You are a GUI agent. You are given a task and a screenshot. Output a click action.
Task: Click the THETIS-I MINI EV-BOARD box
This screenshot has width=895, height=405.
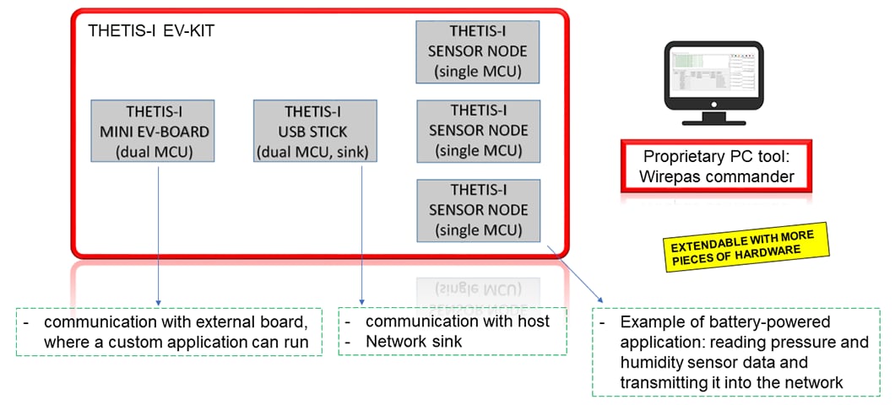(152, 132)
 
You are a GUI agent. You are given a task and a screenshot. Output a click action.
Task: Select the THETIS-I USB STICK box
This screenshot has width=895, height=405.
(315, 132)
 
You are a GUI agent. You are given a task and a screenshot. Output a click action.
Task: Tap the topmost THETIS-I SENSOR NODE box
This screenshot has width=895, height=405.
(478, 52)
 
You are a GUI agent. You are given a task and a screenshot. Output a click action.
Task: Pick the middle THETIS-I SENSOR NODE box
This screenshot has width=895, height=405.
(478, 131)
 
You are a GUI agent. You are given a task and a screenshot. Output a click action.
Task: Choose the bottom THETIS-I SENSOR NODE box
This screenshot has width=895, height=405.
(478, 210)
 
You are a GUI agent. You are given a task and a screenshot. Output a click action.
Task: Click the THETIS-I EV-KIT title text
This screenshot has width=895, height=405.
(151, 31)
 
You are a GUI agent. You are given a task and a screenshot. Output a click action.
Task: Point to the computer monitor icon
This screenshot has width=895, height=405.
(713, 84)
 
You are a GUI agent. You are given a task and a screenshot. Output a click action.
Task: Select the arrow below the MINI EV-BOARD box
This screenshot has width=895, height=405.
(158, 234)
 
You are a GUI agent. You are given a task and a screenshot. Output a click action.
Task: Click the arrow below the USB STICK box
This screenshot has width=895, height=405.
(361, 234)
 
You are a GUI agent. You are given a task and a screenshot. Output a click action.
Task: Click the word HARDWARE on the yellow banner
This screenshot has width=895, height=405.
(772, 252)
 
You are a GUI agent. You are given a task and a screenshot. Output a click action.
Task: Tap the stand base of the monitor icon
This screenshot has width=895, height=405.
(713, 121)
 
